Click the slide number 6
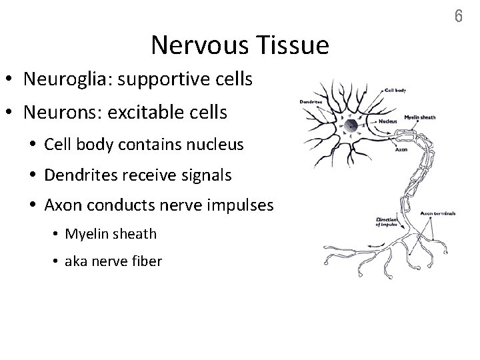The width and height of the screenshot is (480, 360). pos(458,16)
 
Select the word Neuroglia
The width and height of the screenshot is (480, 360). pos(61,79)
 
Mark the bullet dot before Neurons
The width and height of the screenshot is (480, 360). pos(13,112)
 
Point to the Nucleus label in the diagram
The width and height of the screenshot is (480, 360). pos(387,122)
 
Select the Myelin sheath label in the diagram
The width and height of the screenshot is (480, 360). pos(419,117)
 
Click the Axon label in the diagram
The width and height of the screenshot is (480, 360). pos(401,149)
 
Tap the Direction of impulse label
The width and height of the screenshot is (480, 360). pos(387,222)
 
